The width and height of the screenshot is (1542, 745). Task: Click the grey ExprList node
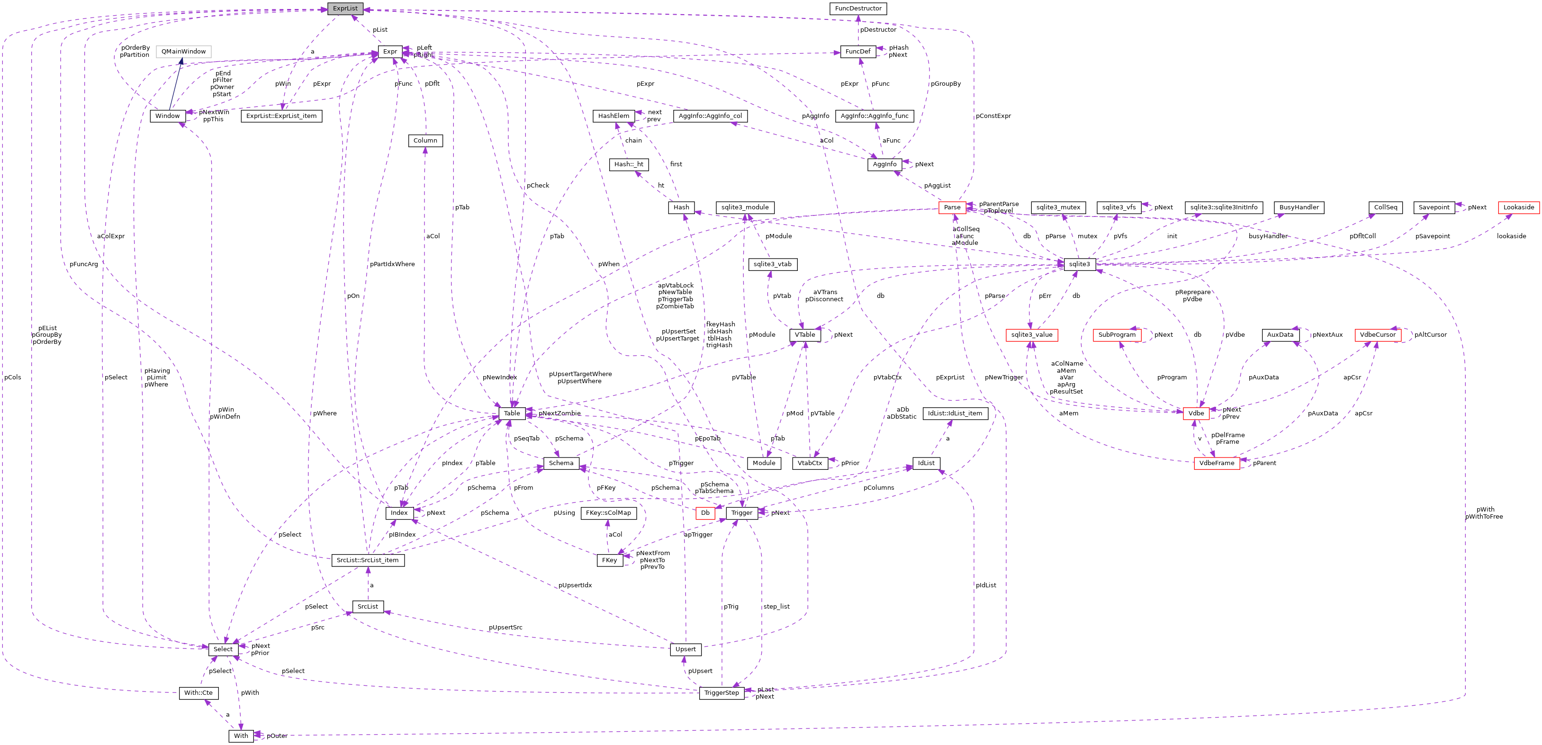coord(345,9)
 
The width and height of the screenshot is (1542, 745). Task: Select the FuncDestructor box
coord(858,9)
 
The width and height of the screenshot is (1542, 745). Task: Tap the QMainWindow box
coord(183,52)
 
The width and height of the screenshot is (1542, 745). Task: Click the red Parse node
coord(952,207)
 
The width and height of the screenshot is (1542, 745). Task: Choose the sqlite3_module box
coord(745,207)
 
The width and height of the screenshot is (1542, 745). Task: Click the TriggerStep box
coord(721,693)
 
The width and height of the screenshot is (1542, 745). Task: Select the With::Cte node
coord(198,693)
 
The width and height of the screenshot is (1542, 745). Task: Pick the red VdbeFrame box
coord(1217,463)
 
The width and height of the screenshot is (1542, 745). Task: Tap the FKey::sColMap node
coord(608,513)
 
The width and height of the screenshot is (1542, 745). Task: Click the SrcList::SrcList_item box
coord(368,561)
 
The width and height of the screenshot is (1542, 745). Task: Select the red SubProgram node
coord(1117,335)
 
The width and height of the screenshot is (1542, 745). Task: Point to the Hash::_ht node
coord(629,164)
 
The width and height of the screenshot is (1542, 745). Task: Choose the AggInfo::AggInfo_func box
coord(874,116)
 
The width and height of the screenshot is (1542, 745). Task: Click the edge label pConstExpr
coord(992,116)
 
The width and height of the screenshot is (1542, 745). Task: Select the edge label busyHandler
coord(1267,236)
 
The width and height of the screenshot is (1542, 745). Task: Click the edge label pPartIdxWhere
coord(392,264)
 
